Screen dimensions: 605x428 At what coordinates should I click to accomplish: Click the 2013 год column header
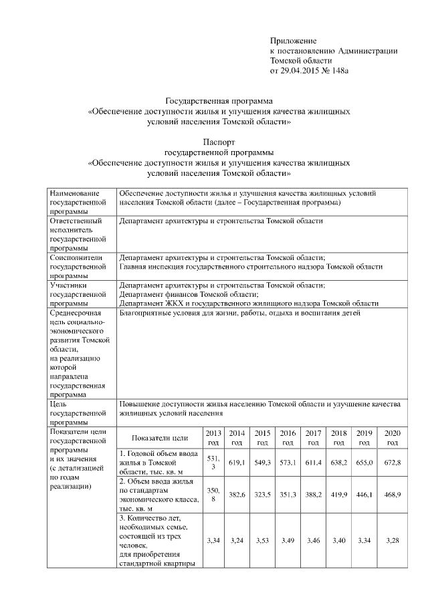click(213, 438)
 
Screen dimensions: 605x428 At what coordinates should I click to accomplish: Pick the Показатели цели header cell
click(159, 438)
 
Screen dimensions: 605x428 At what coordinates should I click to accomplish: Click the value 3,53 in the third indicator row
click(263, 540)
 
